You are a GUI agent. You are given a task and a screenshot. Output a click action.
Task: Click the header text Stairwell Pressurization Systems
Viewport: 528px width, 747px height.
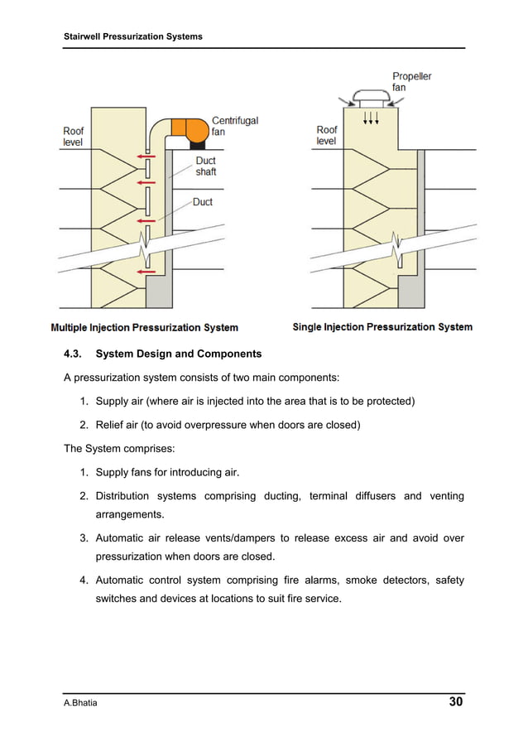tap(133, 36)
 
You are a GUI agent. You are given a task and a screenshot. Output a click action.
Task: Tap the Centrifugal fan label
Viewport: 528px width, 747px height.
tap(235, 126)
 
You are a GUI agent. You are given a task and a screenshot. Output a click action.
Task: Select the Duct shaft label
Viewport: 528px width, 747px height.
tap(206, 166)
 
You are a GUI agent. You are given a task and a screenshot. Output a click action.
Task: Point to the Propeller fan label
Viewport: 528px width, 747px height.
tap(411, 82)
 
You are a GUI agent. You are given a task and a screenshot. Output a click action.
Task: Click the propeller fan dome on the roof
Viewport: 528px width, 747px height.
tap(372, 94)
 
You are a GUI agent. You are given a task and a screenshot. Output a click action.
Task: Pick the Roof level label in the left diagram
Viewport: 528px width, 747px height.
tap(74, 136)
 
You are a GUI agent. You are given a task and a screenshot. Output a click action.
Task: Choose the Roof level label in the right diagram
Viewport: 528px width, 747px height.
tap(327, 135)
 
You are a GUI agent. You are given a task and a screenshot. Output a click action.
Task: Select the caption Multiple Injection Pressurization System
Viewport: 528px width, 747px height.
tap(145, 328)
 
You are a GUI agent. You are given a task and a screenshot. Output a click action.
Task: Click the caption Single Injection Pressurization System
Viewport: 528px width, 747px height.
tap(382, 327)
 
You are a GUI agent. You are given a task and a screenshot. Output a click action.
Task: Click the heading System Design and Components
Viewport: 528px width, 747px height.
tap(179, 354)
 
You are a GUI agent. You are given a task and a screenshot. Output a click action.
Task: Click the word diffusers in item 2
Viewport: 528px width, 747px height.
tap(372, 496)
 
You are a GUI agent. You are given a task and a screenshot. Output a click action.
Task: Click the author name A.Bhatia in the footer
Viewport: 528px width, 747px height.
tap(82, 703)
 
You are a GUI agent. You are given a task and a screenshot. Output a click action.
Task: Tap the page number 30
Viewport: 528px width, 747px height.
tap(455, 702)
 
